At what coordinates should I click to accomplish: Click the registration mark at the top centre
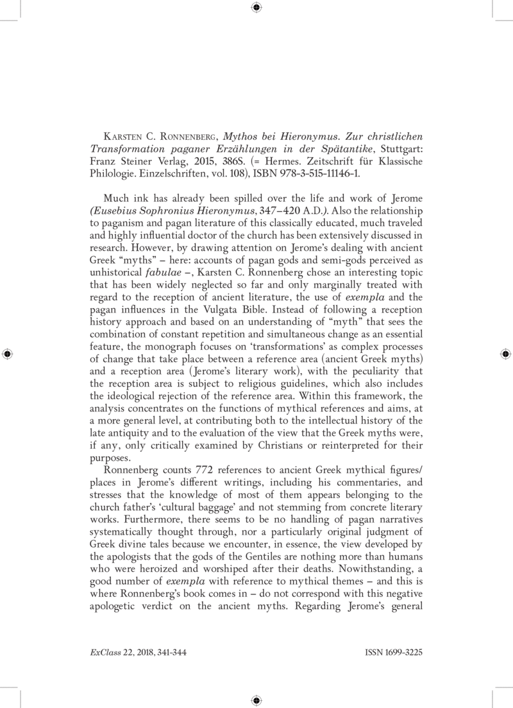tap(256, 8)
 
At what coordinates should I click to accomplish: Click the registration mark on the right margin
tap(506, 354)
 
